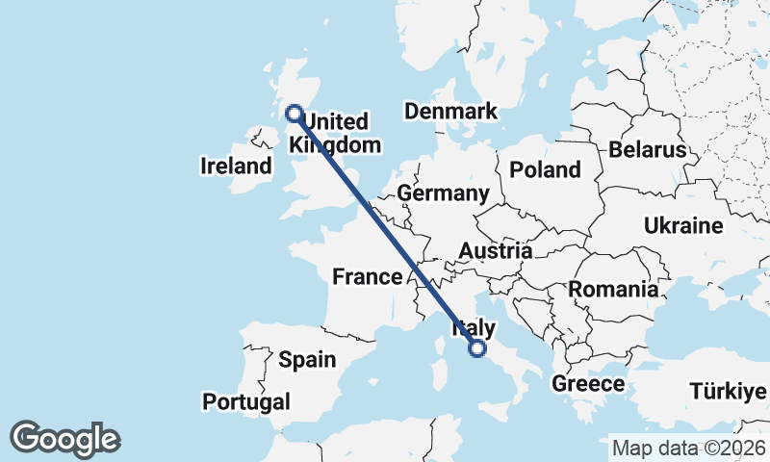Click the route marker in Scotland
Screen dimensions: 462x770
click(x=295, y=114)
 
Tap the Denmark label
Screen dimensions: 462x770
click(x=450, y=111)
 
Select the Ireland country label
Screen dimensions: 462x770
click(x=236, y=167)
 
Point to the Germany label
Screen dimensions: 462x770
click(x=443, y=193)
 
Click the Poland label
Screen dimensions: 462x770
click(x=546, y=170)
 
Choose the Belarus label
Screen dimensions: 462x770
click(x=647, y=150)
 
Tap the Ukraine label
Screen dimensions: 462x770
click(x=683, y=226)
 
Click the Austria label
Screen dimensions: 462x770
click(x=496, y=251)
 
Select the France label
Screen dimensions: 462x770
click(x=367, y=277)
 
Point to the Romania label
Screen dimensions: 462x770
click(x=614, y=289)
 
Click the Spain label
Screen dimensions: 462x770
click(x=307, y=361)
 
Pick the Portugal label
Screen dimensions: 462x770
click(x=246, y=401)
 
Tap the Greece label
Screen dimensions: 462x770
click(x=588, y=384)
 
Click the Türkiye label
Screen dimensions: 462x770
click(x=728, y=392)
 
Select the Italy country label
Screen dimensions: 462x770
click(x=474, y=327)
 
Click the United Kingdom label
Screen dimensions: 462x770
click(x=333, y=134)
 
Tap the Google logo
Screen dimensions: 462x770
click(x=64, y=439)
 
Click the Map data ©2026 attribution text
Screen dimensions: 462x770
click(x=689, y=448)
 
